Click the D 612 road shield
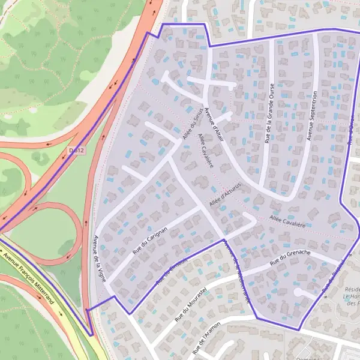point(76,150)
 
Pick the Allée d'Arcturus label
point(226,195)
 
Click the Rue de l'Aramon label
point(208,340)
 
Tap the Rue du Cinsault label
point(172,271)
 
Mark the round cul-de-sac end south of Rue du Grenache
point(298,292)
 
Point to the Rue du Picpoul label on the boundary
point(334,277)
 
